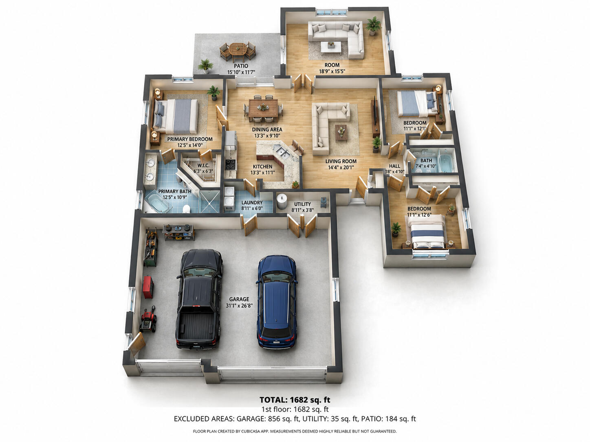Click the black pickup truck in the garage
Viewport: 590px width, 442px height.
[x=199, y=299]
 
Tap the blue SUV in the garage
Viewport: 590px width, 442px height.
[x=277, y=302]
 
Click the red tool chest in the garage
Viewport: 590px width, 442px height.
[x=148, y=287]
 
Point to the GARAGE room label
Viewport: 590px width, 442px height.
[x=239, y=299]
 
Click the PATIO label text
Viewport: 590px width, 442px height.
[x=241, y=66]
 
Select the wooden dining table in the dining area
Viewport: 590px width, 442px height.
[x=263, y=108]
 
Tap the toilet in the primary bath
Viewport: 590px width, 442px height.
[x=186, y=208]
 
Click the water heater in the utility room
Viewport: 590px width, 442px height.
[x=282, y=201]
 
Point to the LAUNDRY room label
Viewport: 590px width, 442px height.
[x=252, y=203]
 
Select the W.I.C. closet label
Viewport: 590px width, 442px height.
[x=203, y=166]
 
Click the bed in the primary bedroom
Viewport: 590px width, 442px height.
[x=176, y=116]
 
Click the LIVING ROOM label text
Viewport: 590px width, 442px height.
[x=341, y=161]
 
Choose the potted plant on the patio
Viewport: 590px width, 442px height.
[x=205, y=66]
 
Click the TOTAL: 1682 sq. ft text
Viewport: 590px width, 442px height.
[x=295, y=400]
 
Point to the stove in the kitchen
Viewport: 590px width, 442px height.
[x=230, y=164]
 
